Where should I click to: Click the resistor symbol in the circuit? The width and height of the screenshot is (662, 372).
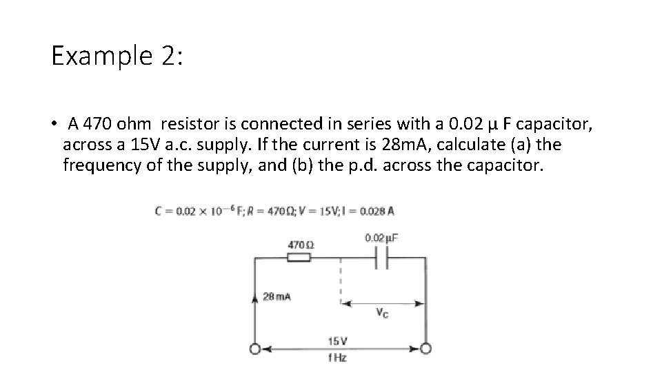click(x=299, y=258)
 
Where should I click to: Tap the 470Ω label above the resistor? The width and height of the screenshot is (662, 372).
click(x=301, y=245)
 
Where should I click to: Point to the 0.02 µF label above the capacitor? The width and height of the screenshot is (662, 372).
click(x=381, y=238)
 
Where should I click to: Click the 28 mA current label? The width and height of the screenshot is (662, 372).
click(x=277, y=297)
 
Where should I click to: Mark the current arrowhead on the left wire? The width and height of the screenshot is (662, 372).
click(x=257, y=298)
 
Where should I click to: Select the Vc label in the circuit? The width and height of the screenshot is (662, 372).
click(x=381, y=313)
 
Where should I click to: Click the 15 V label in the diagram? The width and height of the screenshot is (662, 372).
click(x=337, y=341)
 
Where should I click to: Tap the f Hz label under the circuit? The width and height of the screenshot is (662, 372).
click(x=337, y=358)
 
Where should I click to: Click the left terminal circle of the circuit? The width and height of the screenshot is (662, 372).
click(x=256, y=350)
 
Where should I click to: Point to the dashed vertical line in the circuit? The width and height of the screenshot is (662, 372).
click(x=340, y=279)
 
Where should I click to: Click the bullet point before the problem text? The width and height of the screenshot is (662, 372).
click(x=52, y=125)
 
